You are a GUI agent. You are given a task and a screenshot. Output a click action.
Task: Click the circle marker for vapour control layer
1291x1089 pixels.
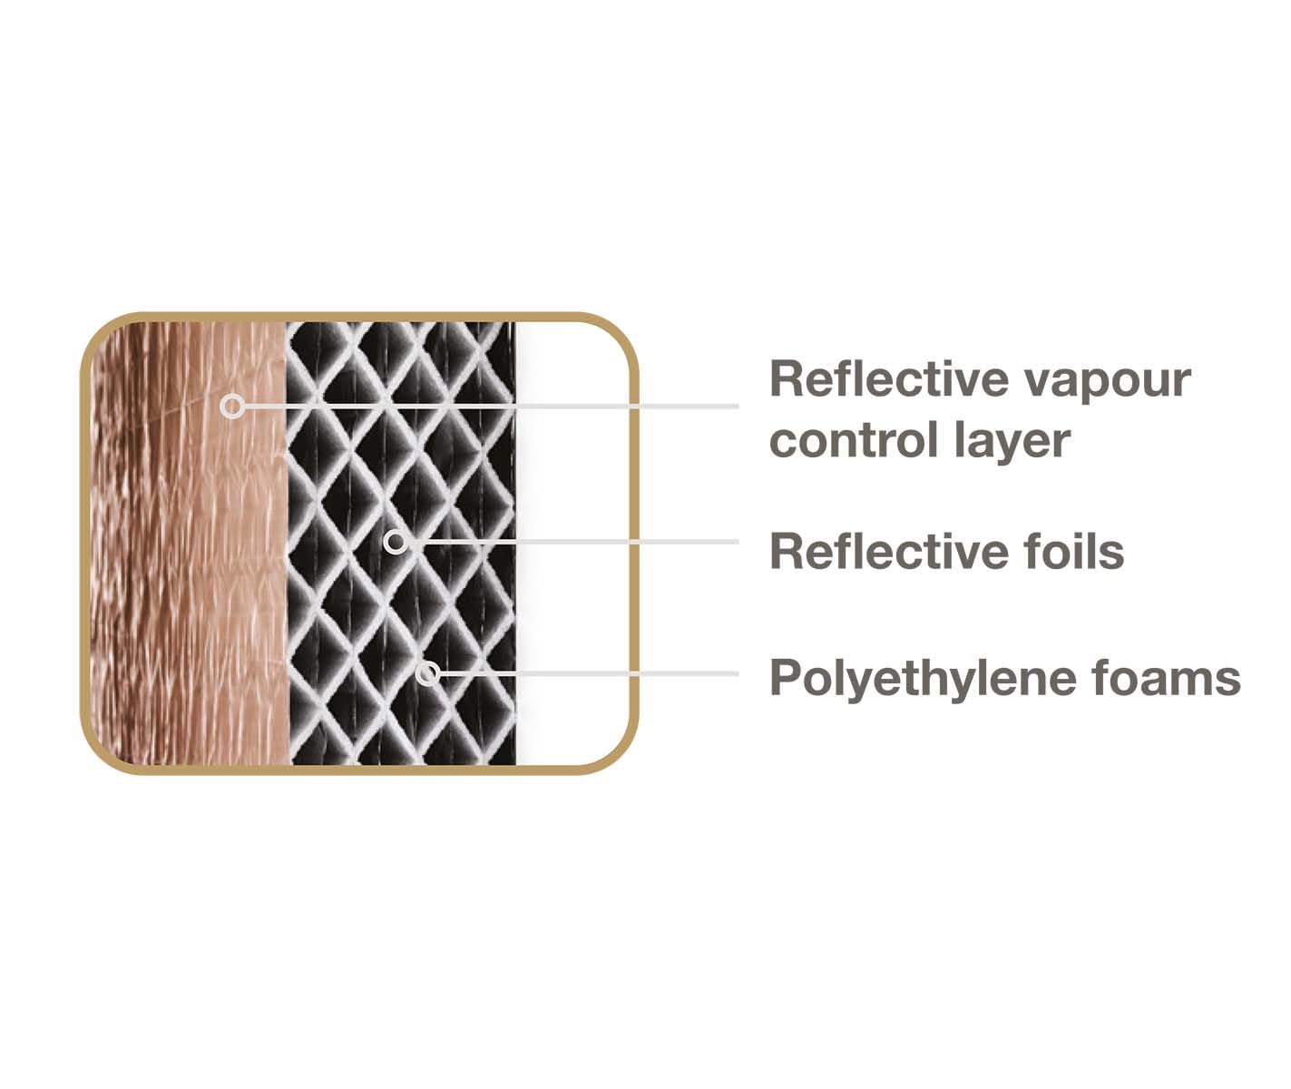pyautogui.click(x=232, y=407)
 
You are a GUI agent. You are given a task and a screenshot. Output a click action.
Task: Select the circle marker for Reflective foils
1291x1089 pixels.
pyautogui.click(x=395, y=543)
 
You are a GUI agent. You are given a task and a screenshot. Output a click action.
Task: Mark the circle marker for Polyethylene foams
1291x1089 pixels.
pyautogui.click(x=427, y=673)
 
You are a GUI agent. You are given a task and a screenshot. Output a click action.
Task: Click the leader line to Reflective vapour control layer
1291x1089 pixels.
pyautogui.click(x=491, y=407)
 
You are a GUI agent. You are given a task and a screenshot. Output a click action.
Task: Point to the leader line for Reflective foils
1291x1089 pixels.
pyautogui.click(x=572, y=543)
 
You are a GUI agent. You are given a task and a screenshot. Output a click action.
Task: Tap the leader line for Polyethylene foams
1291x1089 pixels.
pyautogui.click(x=589, y=673)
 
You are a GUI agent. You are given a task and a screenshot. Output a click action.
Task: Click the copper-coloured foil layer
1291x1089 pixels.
pyautogui.click(x=189, y=543)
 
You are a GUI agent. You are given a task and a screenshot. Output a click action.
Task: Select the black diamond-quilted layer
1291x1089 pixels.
pyautogui.click(x=401, y=543)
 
